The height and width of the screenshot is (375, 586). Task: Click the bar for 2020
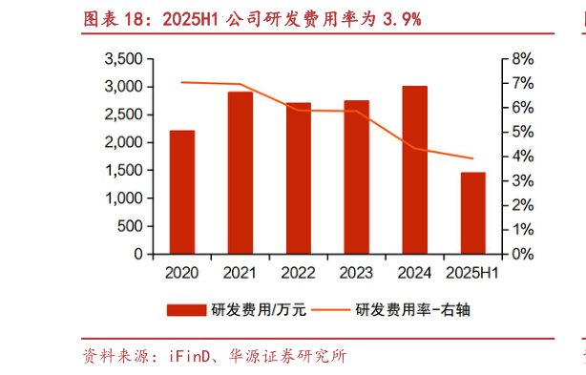coord(181,193)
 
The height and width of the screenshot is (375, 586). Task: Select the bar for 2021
coord(240,174)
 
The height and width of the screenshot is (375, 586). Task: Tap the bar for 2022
coord(298,178)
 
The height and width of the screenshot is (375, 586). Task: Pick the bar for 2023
coord(356,177)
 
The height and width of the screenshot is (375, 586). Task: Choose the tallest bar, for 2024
coord(414,170)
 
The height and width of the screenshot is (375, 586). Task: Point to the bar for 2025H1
coord(472,214)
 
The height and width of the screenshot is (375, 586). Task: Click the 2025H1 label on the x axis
coord(473,274)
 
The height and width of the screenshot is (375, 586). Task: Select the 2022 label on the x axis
coord(298,274)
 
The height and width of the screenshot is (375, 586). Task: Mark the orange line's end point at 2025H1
coord(472,158)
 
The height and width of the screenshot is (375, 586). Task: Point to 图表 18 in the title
coord(110,17)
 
